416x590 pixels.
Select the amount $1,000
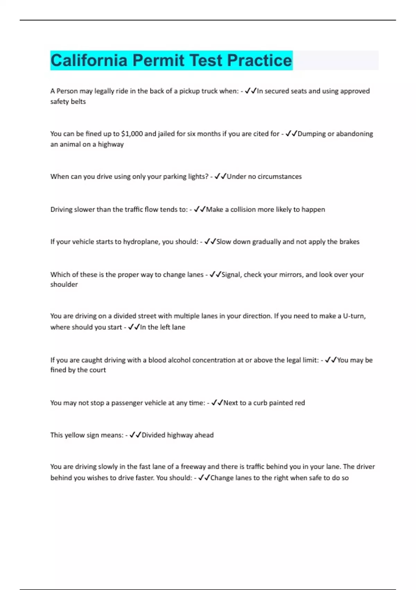click(132, 134)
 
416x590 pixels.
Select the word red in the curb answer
click(300, 403)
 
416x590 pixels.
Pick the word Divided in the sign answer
click(153, 435)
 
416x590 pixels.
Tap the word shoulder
click(64, 285)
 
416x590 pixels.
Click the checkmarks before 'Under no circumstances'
click(220, 177)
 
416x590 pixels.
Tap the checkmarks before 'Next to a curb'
click(217, 403)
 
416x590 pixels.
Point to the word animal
click(70, 144)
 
